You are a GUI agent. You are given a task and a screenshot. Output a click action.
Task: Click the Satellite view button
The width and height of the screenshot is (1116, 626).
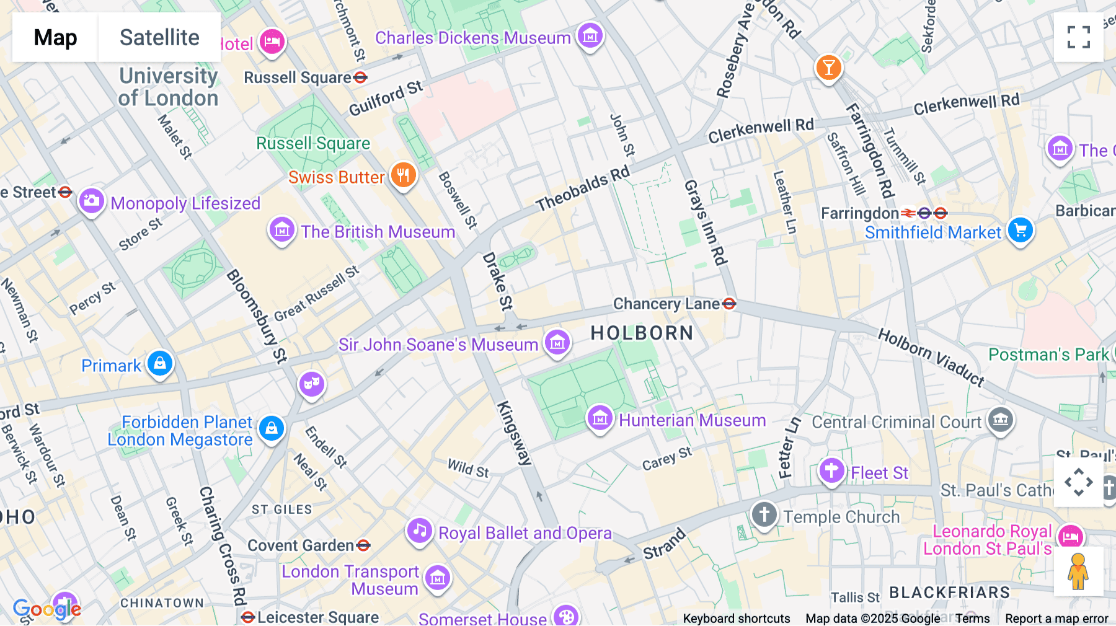[159, 37]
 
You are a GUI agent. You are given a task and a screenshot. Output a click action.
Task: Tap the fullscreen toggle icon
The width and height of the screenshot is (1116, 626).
[1078, 37]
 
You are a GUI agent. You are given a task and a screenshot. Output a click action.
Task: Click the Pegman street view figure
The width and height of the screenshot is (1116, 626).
[1078, 571]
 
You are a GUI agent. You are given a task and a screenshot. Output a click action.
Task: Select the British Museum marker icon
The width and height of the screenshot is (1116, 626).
[282, 231]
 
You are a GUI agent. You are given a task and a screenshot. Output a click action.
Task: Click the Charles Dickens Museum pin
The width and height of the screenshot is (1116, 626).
[590, 36]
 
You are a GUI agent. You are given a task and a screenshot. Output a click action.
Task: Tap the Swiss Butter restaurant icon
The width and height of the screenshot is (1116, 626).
[403, 175]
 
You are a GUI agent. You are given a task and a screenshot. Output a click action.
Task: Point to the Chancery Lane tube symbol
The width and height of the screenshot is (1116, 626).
[730, 304]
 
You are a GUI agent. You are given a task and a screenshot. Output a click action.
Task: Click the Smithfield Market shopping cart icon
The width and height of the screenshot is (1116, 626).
[1020, 231]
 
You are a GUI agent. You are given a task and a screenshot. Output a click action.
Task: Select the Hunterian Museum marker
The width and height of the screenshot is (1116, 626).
[600, 418]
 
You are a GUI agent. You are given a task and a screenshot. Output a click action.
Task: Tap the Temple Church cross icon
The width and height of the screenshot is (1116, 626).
[764, 514]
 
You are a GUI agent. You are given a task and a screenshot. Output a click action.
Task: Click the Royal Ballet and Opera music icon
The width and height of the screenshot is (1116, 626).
[419, 531]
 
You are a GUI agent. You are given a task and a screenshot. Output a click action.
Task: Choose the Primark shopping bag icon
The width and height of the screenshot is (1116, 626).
[160, 363]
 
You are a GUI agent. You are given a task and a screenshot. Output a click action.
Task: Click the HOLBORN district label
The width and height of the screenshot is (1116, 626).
[641, 333]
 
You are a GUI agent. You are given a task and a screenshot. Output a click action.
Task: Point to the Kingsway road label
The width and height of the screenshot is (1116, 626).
[514, 433]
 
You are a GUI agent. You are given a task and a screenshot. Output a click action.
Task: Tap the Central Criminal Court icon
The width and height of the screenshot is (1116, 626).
[1000, 420]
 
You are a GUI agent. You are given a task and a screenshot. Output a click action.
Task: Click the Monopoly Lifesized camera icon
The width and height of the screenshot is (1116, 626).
[91, 201]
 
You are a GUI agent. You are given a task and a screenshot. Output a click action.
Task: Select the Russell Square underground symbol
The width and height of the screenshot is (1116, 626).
[360, 77]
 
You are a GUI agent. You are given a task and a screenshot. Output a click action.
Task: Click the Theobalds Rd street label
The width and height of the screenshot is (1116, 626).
[583, 189]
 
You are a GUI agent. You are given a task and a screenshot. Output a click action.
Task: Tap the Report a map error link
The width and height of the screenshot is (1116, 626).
[1056, 619]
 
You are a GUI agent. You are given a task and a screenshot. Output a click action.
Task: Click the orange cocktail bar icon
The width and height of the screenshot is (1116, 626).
[828, 67]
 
